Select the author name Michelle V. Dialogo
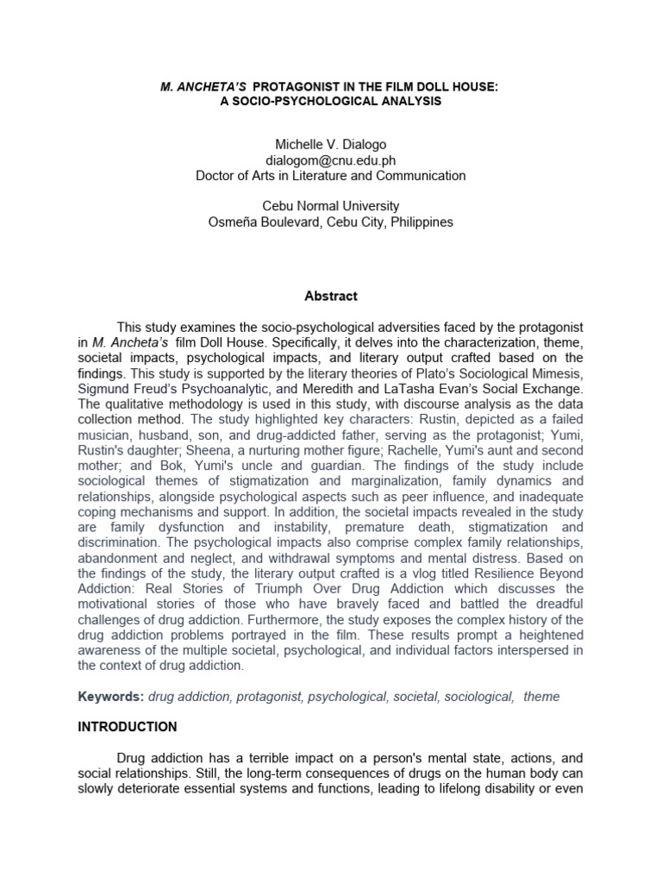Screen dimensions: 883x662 (331, 145)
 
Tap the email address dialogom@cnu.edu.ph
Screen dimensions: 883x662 (331, 160)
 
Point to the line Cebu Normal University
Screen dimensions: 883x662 (331, 206)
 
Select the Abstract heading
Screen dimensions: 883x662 (331, 296)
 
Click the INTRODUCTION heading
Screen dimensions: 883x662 (128, 727)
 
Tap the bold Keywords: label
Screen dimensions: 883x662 (111, 697)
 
